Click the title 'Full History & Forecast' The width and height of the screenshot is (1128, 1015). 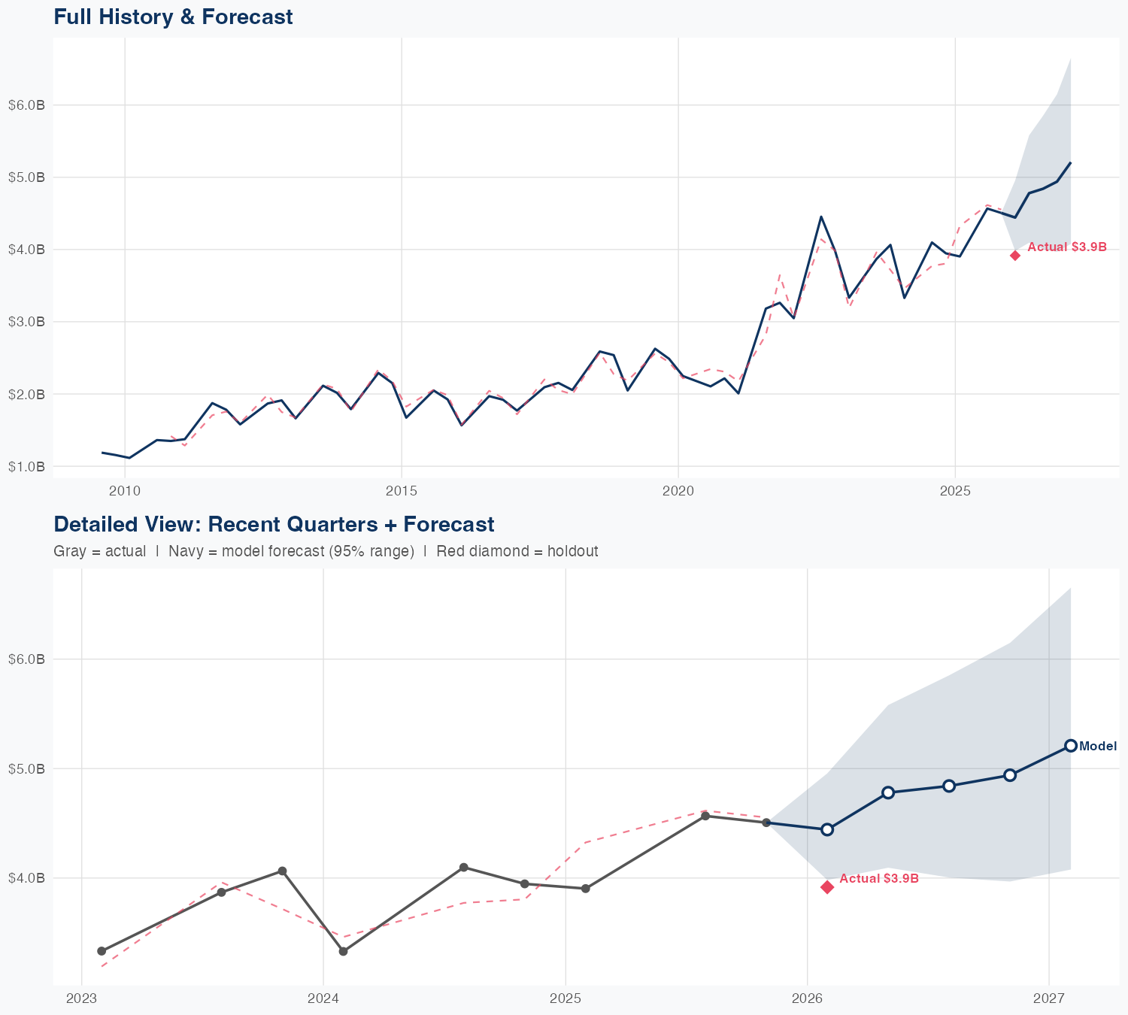coord(173,17)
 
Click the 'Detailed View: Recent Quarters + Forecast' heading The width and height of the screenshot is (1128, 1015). coord(274,524)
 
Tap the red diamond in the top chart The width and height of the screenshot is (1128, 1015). coord(1015,256)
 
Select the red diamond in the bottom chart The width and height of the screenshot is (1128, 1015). coord(827,887)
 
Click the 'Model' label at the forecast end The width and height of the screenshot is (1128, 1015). coord(1098,747)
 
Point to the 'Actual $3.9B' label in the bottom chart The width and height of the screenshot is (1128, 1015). coord(879,878)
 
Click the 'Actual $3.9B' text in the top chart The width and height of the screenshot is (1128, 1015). coord(1067,247)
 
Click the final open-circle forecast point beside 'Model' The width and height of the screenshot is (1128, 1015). coord(1071,746)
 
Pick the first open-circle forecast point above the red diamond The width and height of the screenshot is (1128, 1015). coord(827,829)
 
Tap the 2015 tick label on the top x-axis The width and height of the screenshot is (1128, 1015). coord(402,491)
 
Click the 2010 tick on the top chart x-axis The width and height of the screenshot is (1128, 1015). coord(125,491)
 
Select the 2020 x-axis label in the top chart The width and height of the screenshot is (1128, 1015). coord(678,491)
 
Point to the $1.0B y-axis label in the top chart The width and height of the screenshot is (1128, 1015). coord(26,466)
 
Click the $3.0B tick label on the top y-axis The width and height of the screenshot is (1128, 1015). coord(26,322)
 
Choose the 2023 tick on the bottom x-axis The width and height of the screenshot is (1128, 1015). coord(81,998)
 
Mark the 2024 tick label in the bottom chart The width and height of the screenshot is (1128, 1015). coord(323,998)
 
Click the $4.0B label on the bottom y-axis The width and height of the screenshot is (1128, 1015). coord(26,877)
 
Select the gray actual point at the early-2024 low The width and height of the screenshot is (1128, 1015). coord(343,951)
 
